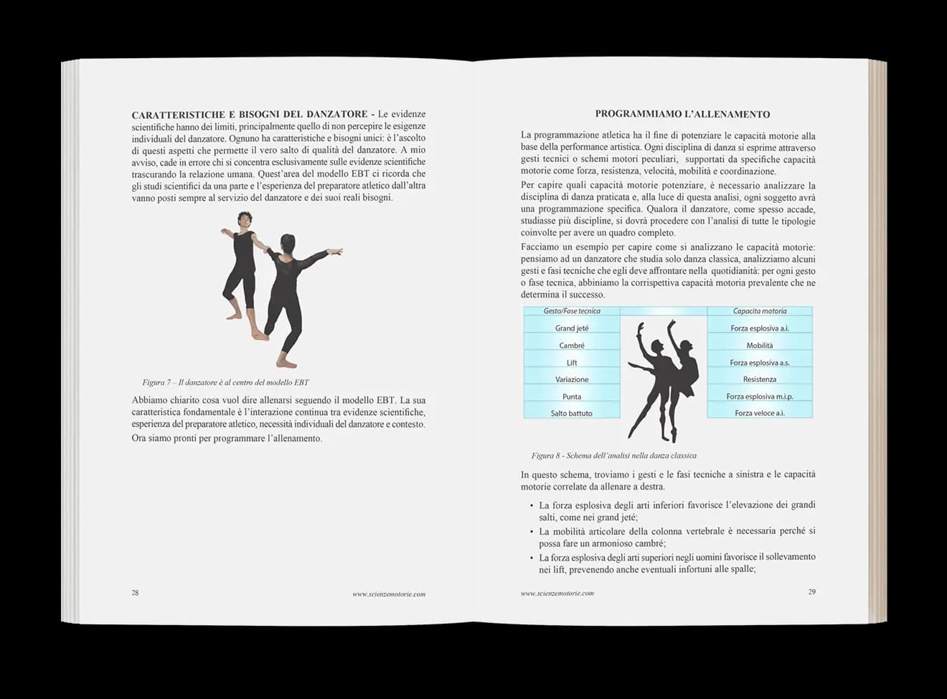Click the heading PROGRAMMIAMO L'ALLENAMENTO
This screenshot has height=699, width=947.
(682, 114)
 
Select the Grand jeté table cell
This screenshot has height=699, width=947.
(572, 328)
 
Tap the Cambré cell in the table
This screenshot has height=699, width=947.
(572, 345)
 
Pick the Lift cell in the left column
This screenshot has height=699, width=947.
(572, 362)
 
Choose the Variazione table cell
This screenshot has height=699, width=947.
(572, 379)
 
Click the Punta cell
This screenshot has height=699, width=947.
(572, 396)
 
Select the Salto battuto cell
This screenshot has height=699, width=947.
(572, 413)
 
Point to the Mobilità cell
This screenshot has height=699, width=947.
(760, 345)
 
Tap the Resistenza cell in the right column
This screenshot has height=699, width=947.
(760, 379)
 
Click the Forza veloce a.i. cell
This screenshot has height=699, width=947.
(760, 413)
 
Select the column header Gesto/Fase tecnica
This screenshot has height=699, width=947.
(572, 311)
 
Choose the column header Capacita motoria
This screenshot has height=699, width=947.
(760, 311)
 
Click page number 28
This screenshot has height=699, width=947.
(135, 593)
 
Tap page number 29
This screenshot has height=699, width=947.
(811, 592)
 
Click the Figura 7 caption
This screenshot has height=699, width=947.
(225, 382)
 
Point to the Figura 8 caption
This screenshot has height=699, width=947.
(613, 455)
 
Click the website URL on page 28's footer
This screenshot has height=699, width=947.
(389, 594)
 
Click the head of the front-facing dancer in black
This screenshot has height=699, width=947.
(244, 219)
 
